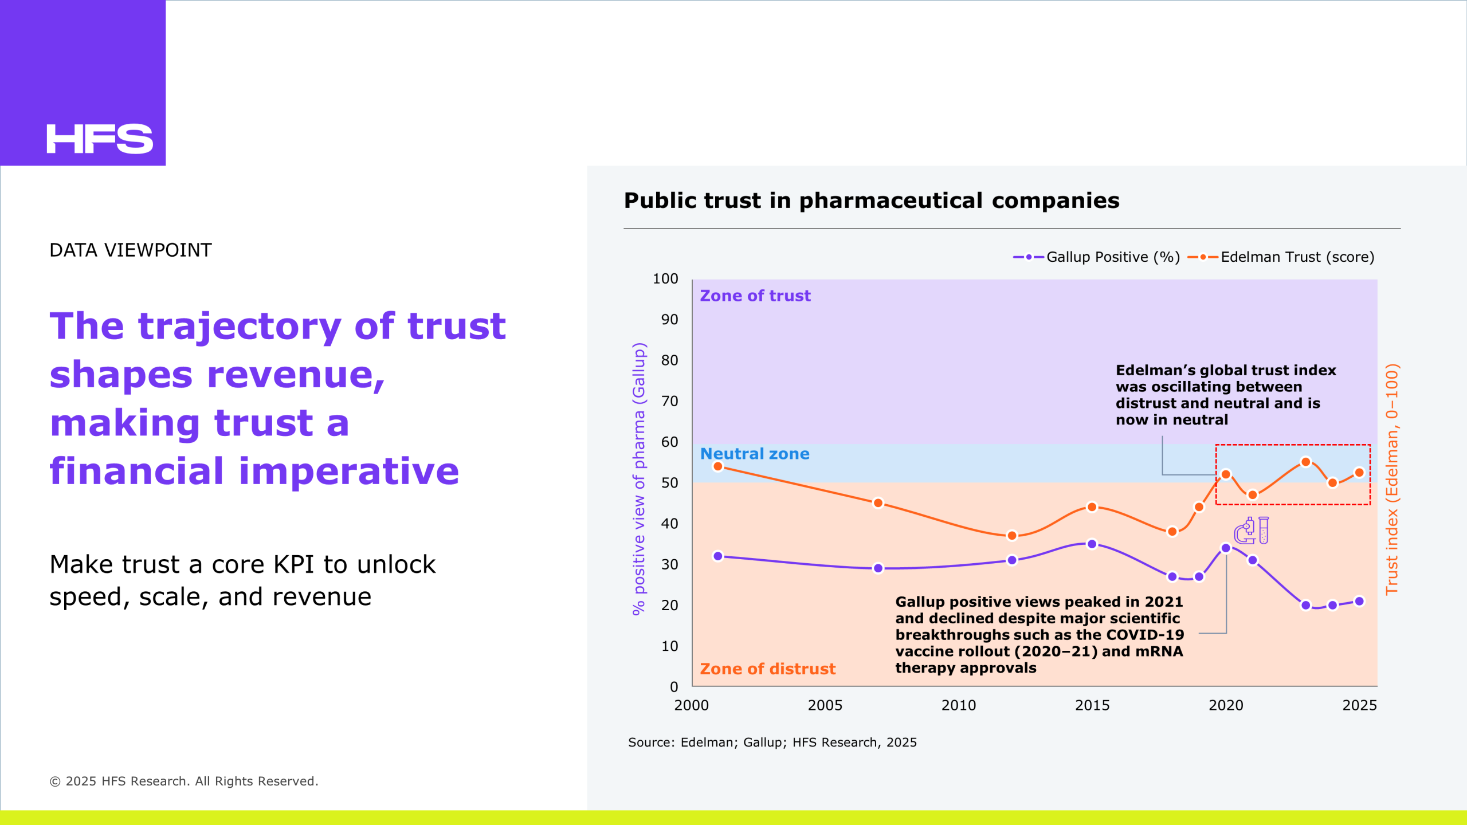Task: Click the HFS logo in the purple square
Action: coord(100,139)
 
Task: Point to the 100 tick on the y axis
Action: coord(665,279)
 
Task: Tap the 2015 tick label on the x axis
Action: coord(1092,705)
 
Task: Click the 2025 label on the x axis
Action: coord(1359,705)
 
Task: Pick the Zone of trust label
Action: coord(755,296)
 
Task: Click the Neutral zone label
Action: coord(755,454)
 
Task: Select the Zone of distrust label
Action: coord(767,669)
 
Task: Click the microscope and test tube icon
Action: coord(1252,531)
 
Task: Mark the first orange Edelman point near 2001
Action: coord(718,466)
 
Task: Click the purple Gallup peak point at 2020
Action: coord(1226,548)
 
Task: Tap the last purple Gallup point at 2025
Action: coord(1359,601)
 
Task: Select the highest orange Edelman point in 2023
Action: coord(1306,462)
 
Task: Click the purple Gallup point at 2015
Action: coord(1092,544)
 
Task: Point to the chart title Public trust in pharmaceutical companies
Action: coord(871,201)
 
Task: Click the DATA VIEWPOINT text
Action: coord(131,250)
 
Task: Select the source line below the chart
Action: coord(772,742)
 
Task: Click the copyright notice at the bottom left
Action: coord(184,781)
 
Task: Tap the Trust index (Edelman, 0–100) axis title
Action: coord(1392,479)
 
